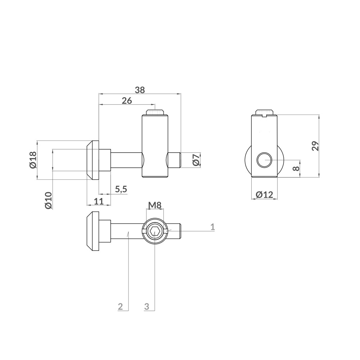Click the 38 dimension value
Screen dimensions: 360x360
point(140,90)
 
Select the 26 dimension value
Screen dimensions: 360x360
point(127,101)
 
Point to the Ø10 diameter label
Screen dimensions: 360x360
point(49,200)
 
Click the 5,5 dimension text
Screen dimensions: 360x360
point(121,189)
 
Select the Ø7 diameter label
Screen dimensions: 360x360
point(196,160)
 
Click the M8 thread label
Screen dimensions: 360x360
point(154,206)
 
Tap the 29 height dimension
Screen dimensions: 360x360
point(315,146)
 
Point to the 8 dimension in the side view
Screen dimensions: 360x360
point(296,168)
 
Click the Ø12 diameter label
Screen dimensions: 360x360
point(265,195)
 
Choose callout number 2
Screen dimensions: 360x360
point(121,306)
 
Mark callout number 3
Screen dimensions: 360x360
point(147,306)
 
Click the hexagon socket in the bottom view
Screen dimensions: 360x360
point(154,232)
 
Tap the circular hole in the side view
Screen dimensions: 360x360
point(265,160)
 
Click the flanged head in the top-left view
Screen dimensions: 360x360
point(93,160)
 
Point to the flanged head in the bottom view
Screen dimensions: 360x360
point(93,232)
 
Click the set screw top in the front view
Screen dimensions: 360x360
point(155,112)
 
